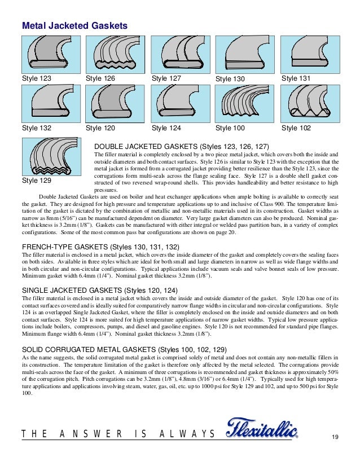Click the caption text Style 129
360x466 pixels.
click(37, 181)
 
